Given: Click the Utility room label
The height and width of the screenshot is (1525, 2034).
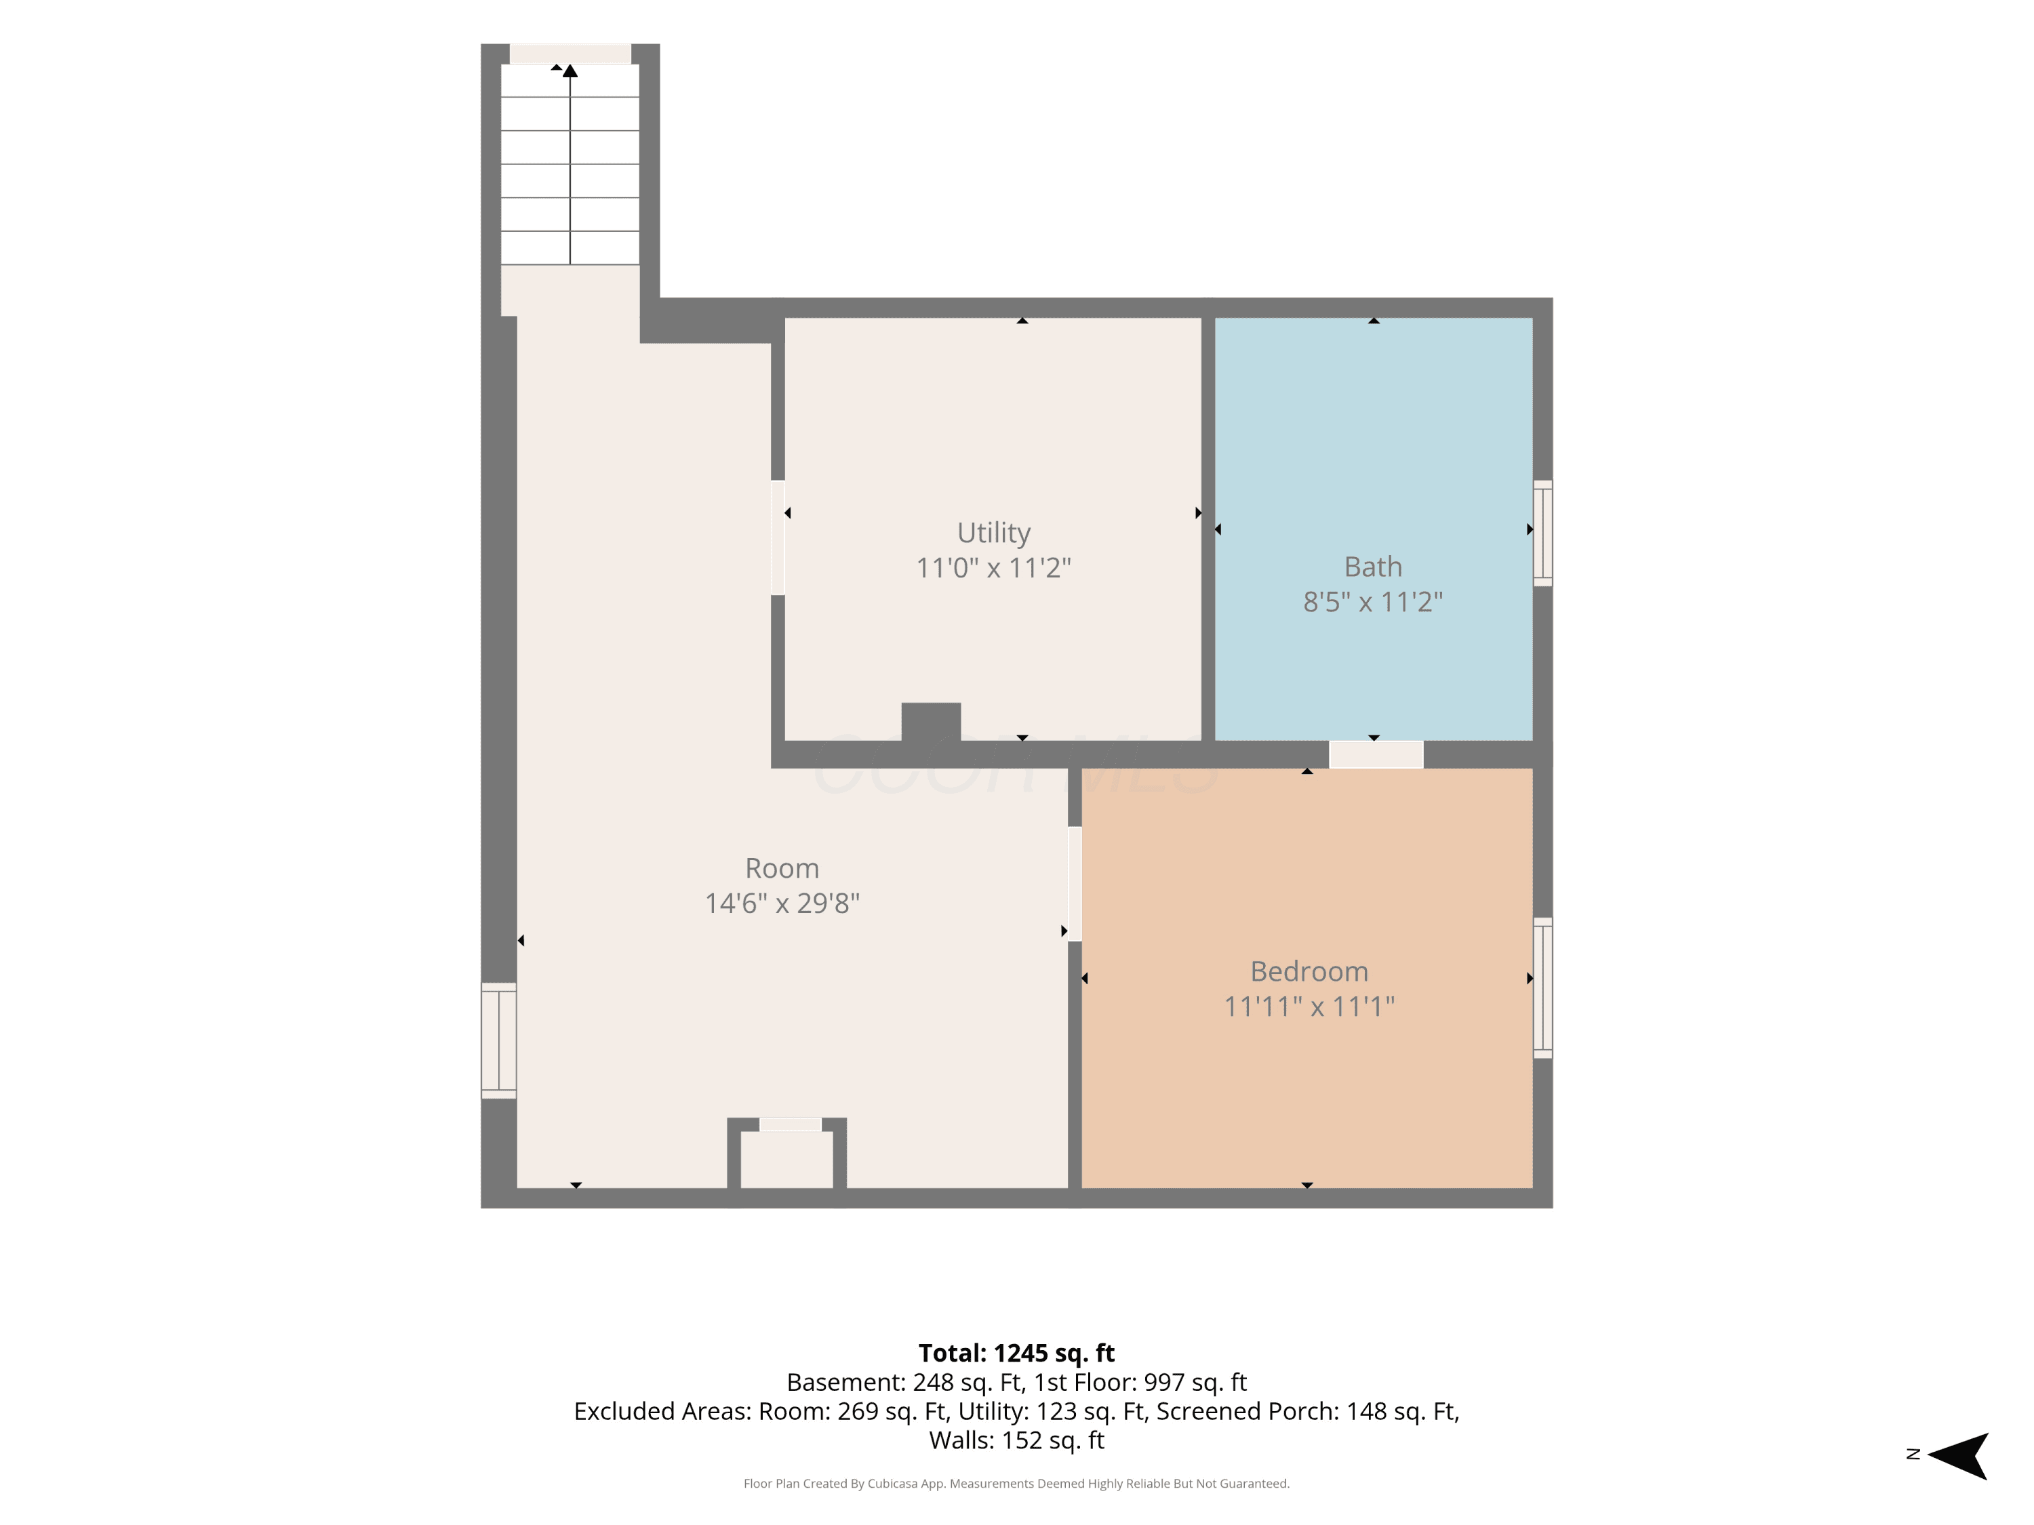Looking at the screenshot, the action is point(993,533).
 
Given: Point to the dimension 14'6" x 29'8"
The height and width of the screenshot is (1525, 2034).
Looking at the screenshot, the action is point(782,903).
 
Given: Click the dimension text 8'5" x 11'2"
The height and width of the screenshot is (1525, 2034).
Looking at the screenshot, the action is point(1373,601).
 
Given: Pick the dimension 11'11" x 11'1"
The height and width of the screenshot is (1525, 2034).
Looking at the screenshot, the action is point(1309,1006).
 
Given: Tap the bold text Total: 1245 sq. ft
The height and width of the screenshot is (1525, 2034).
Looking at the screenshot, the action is point(1016,1353).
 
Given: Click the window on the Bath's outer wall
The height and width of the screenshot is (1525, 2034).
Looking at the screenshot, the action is point(1543,533).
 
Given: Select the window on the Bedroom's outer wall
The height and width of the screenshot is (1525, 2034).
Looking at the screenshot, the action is point(1543,988).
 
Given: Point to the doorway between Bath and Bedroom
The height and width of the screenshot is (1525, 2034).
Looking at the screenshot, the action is point(1376,754).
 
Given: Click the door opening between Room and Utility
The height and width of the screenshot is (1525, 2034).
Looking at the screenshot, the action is point(778,537).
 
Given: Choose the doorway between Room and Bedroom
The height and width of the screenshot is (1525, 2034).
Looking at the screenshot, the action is point(1074,884).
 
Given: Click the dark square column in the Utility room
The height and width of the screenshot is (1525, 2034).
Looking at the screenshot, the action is point(931,723).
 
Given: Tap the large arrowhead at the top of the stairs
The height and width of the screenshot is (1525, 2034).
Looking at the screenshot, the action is point(570,70).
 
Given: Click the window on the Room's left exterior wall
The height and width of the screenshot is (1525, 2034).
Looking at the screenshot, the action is point(498,1040).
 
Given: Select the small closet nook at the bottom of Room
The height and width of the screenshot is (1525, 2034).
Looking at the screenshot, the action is point(787,1158).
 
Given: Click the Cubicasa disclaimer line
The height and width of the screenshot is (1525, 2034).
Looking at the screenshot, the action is point(1016,1483).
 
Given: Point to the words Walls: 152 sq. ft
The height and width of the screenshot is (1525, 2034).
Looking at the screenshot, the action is point(1016,1440).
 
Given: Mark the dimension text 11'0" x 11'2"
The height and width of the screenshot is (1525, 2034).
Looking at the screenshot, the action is point(993,567).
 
